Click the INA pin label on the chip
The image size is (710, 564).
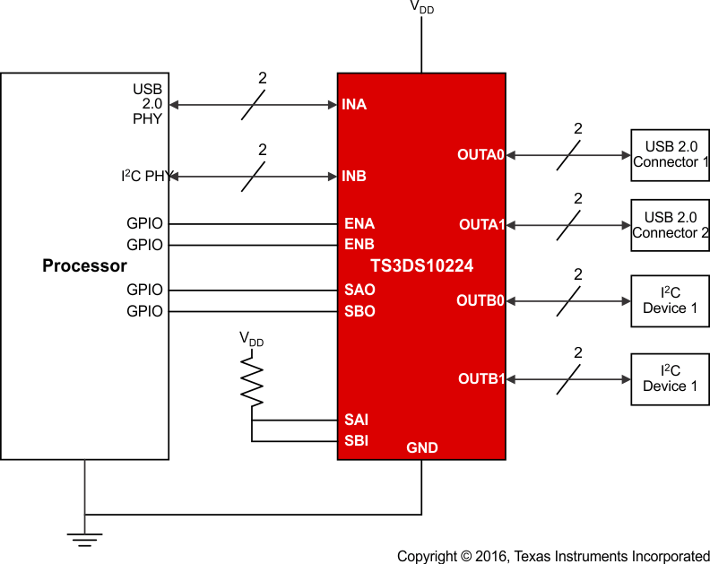tap(354, 105)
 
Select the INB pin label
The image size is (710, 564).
tap(354, 177)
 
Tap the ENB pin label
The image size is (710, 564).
tap(359, 244)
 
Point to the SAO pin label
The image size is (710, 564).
tap(359, 291)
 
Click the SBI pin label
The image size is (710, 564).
tap(356, 440)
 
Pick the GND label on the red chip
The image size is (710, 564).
tap(422, 447)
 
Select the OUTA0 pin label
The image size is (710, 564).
tap(481, 155)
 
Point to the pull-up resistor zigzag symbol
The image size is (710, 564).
tap(252, 381)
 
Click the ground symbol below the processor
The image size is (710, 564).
tap(85, 539)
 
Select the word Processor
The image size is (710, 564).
tap(85, 266)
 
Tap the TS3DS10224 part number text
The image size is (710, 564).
tap(421, 266)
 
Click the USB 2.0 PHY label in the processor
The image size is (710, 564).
tap(148, 104)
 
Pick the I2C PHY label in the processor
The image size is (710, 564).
tap(144, 177)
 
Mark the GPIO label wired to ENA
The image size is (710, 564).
tap(145, 223)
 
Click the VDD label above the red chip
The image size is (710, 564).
tap(422, 6)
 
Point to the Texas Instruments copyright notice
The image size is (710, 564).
tap(553, 556)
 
